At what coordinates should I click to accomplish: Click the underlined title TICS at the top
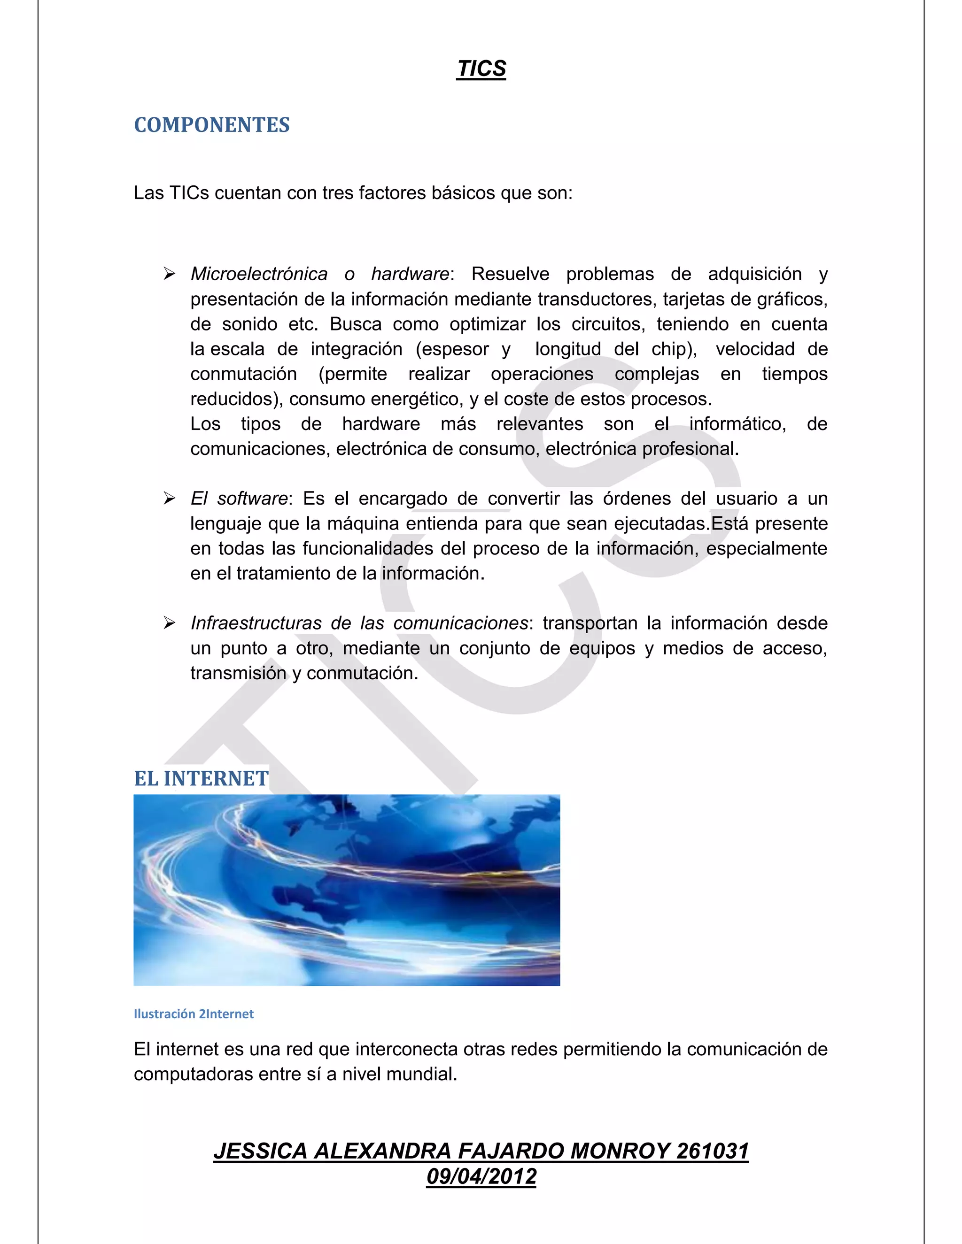pos(481,69)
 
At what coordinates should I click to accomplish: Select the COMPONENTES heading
pos(211,125)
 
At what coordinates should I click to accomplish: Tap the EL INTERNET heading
pos(201,778)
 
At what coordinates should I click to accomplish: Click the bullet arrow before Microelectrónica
pos(169,274)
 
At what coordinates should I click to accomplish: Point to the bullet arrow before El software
pos(169,499)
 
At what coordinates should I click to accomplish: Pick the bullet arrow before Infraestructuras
pos(169,623)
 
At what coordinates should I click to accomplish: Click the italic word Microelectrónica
pos(259,274)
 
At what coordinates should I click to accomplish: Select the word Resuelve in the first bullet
pos(510,274)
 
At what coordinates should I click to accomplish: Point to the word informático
pos(737,424)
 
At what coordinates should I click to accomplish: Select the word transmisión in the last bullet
pos(238,673)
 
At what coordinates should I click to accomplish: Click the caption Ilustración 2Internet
pos(193,1014)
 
